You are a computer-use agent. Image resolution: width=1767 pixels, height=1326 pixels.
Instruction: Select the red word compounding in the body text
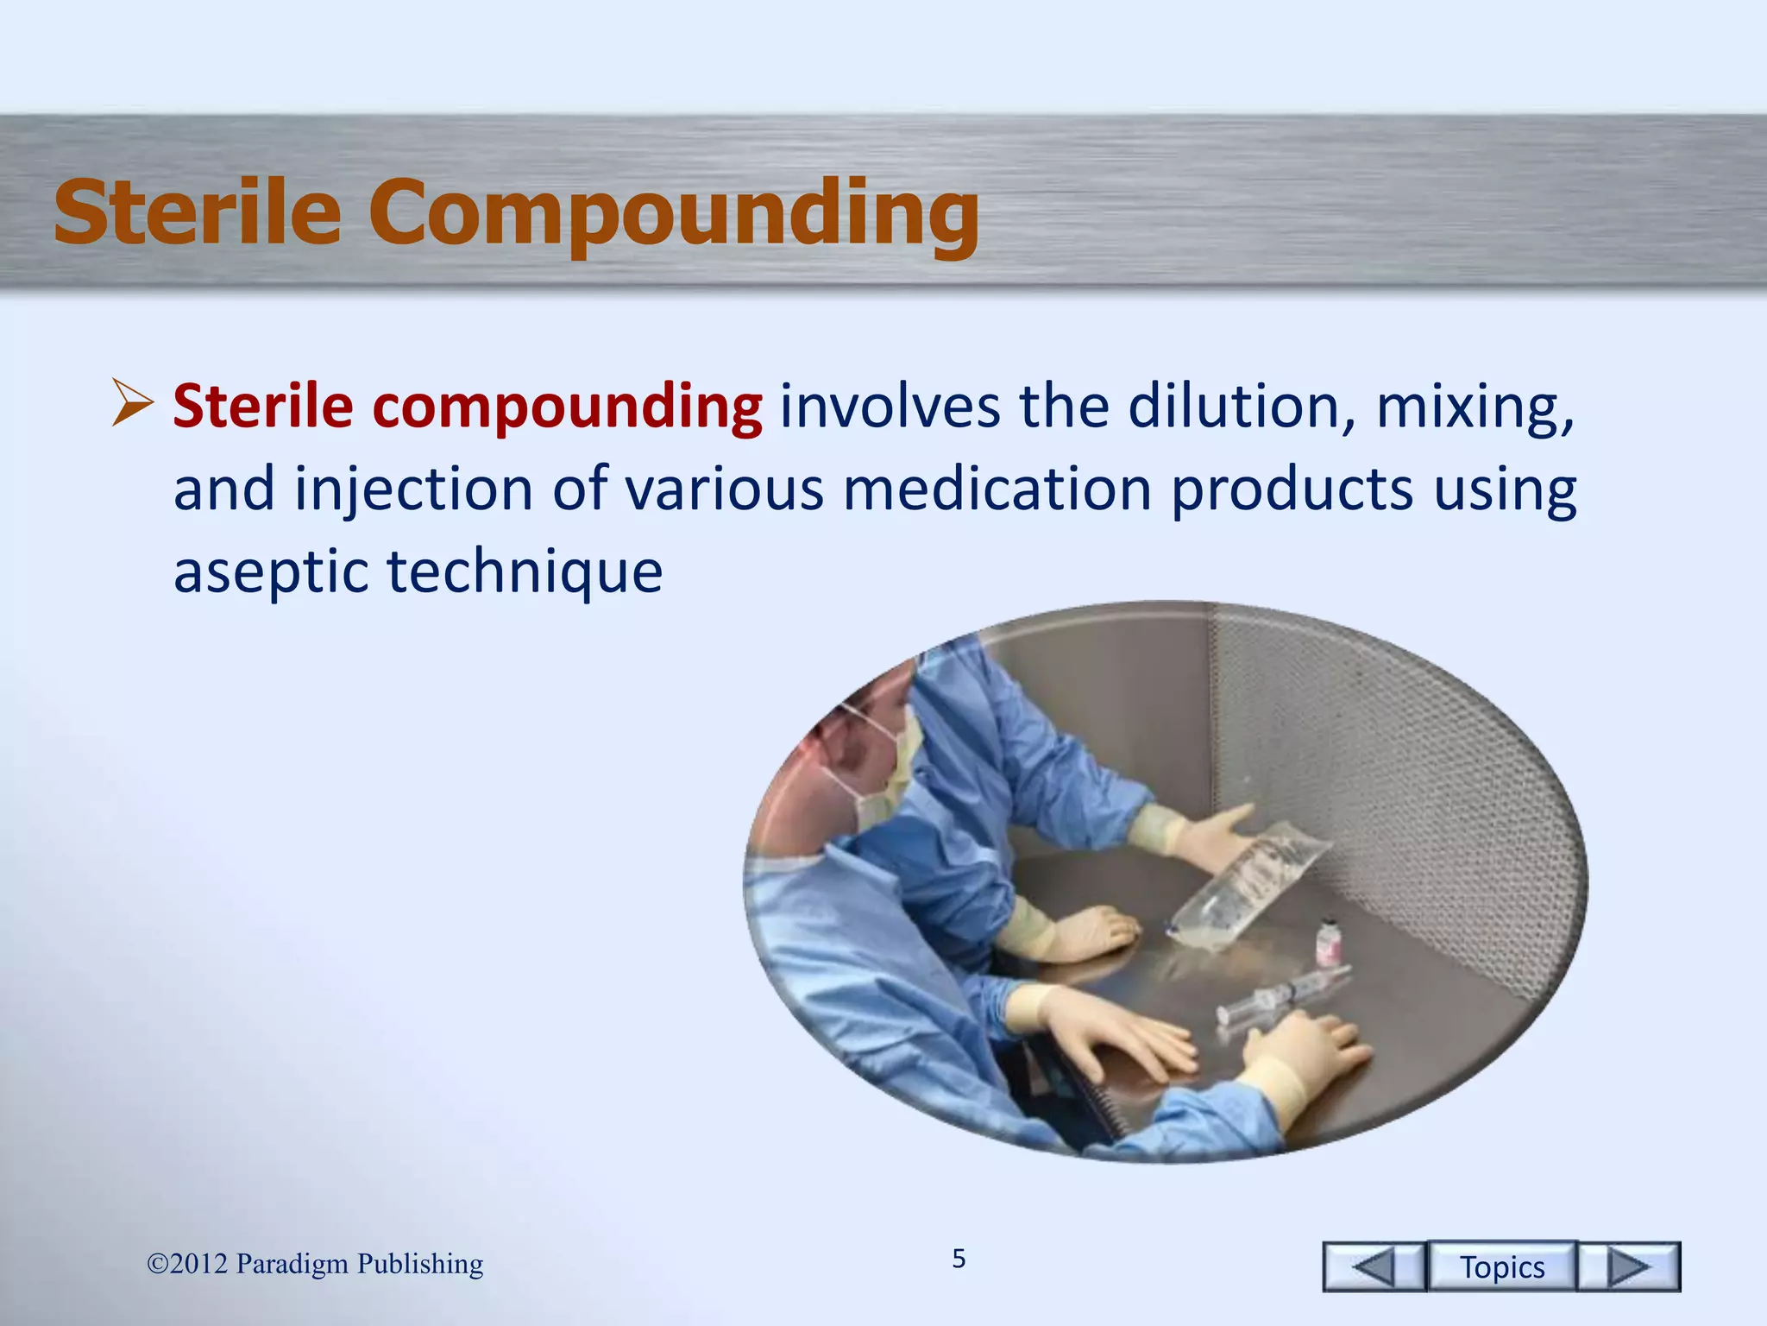pos(567,407)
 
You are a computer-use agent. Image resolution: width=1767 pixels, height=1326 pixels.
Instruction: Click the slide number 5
pos(959,1259)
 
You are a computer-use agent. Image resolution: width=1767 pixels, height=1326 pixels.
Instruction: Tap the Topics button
pos(1501,1266)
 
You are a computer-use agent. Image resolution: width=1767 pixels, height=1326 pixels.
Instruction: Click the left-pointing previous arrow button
pos(1373,1266)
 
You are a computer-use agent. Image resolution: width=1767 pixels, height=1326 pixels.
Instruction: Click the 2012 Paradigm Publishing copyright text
pos(315,1264)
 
